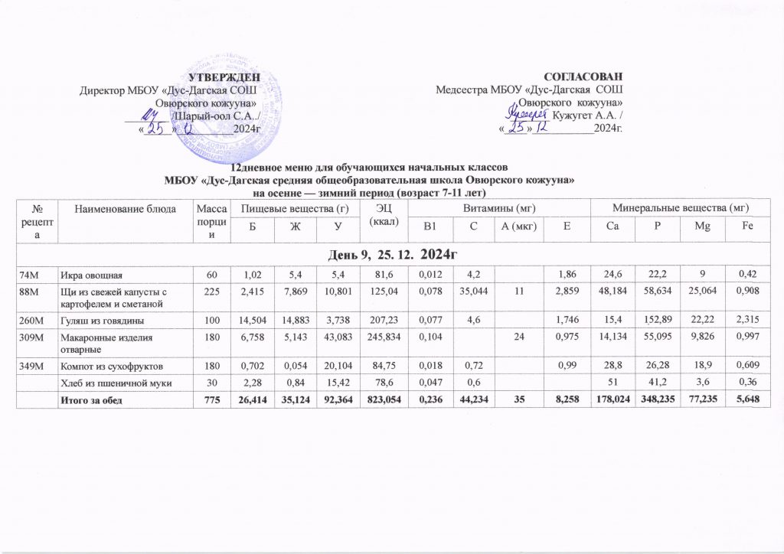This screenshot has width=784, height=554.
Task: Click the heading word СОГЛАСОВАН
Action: [588, 77]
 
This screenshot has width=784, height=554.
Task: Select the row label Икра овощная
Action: [89, 273]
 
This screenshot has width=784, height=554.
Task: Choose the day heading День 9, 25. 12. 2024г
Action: [392, 253]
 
